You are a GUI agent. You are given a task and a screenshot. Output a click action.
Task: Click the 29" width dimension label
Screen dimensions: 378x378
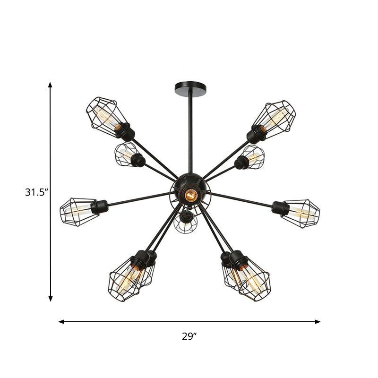(189, 336)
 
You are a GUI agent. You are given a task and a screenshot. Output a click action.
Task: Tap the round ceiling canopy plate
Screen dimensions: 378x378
(190, 87)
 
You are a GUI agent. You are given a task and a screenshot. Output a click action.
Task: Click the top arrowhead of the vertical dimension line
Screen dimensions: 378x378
(50, 85)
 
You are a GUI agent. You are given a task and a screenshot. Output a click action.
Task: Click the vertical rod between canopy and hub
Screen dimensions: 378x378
(190, 132)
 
